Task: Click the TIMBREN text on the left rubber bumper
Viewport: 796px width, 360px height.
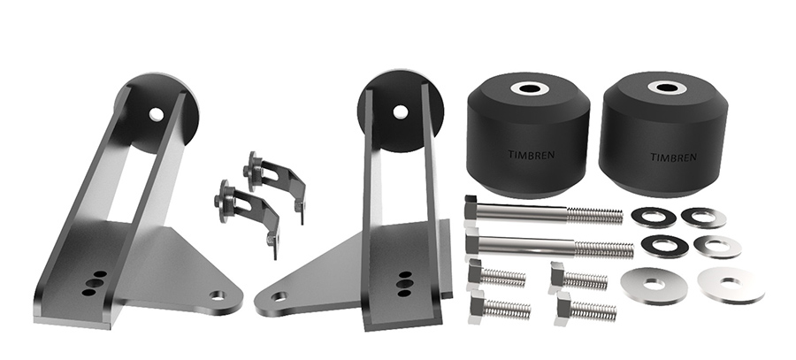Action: [x=531, y=155]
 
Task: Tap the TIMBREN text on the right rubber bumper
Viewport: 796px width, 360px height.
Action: [x=673, y=157]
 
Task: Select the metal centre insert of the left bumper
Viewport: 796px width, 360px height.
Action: [x=530, y=88]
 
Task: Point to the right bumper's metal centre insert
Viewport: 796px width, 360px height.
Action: [x=667, y=88]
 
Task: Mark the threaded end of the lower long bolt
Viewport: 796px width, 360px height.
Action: [x=604, y=249]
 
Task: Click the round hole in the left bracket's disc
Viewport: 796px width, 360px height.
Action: [x=157, y=114]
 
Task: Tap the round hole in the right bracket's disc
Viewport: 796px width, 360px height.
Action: [x=400, y=111]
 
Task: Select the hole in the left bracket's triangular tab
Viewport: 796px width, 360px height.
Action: [x=218, y=295]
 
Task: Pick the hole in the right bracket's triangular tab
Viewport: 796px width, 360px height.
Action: [x=279, y=295]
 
